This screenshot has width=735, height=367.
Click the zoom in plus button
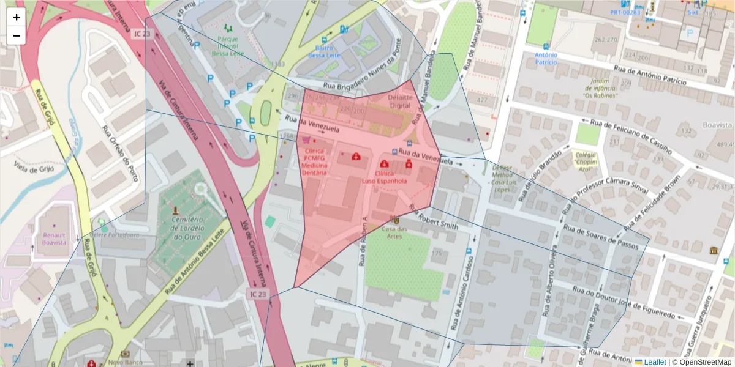point(17,17)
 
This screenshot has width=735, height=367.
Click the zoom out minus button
point(17,35)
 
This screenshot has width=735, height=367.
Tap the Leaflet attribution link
point(654,362)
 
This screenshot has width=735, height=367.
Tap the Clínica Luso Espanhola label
point(384,177)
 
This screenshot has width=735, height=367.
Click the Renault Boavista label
point(54,238)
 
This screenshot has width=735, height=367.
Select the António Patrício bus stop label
point(546,58)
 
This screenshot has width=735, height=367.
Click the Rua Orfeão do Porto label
point(119,154)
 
